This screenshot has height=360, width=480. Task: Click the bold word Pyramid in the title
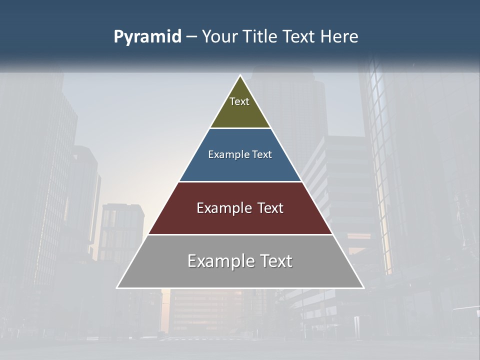tap(147, 37)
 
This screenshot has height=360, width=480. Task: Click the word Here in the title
tap(339, 36)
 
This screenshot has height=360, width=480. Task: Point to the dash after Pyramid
tap(191, 37)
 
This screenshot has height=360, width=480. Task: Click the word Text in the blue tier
tap(262, 154)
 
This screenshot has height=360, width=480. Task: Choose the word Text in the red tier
tap(270, 208)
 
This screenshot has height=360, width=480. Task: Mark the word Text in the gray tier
tap(276, 261)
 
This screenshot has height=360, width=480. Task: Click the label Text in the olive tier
tap(239, 101)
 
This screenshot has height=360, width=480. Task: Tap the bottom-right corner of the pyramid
tap(363, 287)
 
